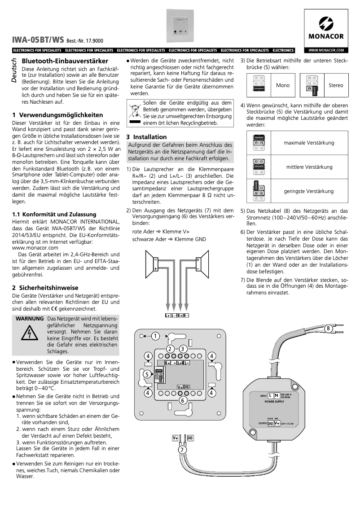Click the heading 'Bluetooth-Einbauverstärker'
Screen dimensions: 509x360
pyautogui.click(x=65, y=61)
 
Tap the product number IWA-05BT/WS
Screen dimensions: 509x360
pyautogui.click(x=38, y=39)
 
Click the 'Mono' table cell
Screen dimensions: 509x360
pyautogui.click(x=283, y=85)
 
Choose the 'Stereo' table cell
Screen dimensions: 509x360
pyautogui.click(x=335, y=85)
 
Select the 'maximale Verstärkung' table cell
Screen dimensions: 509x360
pyautogui.click(x=309, y=143)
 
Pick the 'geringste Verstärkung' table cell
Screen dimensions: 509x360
pyautogui.click(x=309, y=191)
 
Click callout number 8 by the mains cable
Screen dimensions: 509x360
pyautogui.click(x=328, y=329)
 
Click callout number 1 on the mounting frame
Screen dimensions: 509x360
pyautogui.click(x=155, y=336)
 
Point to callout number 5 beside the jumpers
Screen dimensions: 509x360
pyautogui.click(x=147, y=373)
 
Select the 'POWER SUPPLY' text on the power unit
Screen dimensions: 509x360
pyautogui.click(x=277, y=402)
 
